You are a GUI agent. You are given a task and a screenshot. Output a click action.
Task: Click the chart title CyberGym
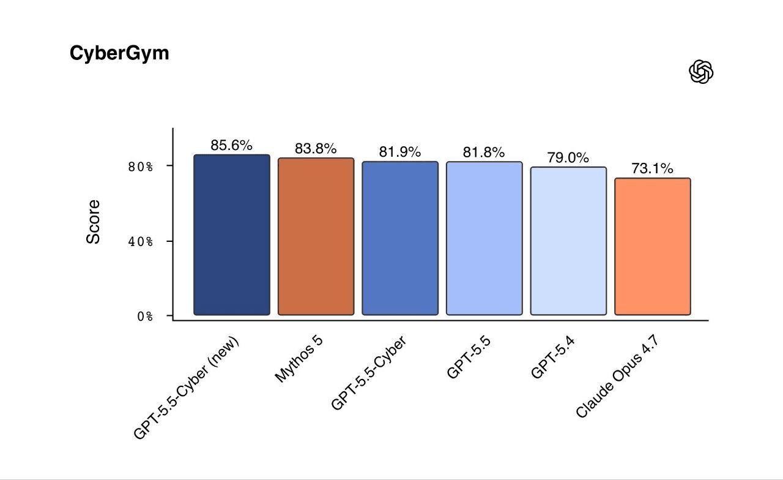[119, 53]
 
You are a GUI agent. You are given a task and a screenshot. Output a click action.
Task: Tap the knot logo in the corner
[701, 72]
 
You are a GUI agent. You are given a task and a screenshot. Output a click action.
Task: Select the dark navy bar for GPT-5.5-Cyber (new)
[232, 234]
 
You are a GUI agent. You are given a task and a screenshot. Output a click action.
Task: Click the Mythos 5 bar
[316, 236]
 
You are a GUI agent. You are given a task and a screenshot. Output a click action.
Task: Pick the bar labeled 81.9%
[400, 238]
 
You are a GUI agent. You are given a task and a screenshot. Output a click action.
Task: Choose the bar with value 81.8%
[484, 238]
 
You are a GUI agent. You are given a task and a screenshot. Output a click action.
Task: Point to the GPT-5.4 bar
[568, 241]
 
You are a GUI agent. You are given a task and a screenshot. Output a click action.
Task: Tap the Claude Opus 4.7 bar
[653, 247]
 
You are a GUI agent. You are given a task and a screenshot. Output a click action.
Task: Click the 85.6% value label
[231, 145]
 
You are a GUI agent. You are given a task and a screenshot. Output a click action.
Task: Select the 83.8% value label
[316, 149]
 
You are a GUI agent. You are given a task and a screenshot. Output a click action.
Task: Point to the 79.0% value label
[568, 158]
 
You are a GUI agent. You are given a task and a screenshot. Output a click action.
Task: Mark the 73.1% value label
[652, 168]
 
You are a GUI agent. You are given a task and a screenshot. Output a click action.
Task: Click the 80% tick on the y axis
[141, 167]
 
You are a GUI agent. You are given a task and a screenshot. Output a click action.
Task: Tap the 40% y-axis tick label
[141, 241]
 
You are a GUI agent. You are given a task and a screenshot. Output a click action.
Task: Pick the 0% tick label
[145, 317]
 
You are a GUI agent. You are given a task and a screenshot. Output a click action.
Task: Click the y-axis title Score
[93, 222]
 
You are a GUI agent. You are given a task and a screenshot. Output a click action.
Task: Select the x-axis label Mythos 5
[299, 359]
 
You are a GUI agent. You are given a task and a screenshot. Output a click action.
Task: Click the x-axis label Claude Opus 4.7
[617, 376]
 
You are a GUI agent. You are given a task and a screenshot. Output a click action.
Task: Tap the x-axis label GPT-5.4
[552, 357]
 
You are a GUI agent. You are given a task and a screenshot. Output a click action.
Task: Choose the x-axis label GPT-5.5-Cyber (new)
[187, 388]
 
